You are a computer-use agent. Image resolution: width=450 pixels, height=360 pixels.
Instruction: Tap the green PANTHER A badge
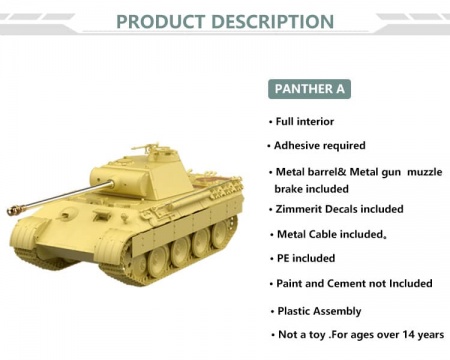[310, 89]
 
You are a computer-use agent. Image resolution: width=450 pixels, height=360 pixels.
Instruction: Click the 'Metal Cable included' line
[330, 234]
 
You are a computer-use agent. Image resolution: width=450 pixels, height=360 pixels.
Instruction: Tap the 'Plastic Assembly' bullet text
[320, 311]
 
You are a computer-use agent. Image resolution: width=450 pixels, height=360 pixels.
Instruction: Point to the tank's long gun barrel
[70, 196]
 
